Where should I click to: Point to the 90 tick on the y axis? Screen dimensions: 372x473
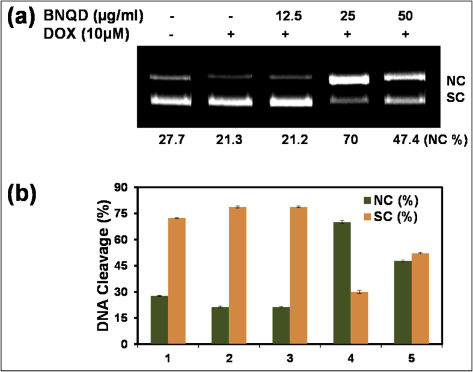[124, 188]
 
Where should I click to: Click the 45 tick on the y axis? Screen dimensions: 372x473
[124, 266]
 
